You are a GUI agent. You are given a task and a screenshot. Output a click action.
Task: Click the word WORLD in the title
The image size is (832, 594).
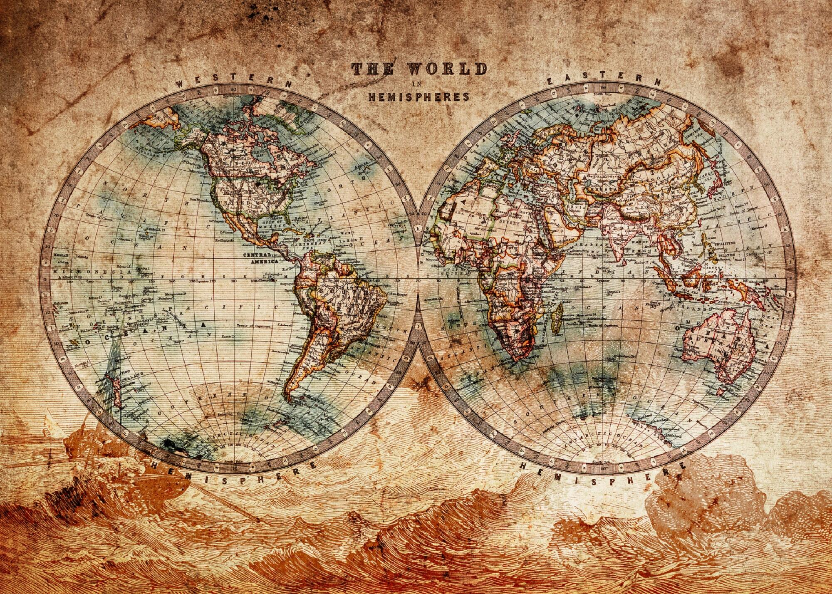(x=447, y=69)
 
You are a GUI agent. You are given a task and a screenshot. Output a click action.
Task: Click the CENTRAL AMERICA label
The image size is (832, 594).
(x=264, y=258)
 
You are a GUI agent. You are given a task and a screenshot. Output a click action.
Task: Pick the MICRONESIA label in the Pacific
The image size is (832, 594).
(x=74, y=271)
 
